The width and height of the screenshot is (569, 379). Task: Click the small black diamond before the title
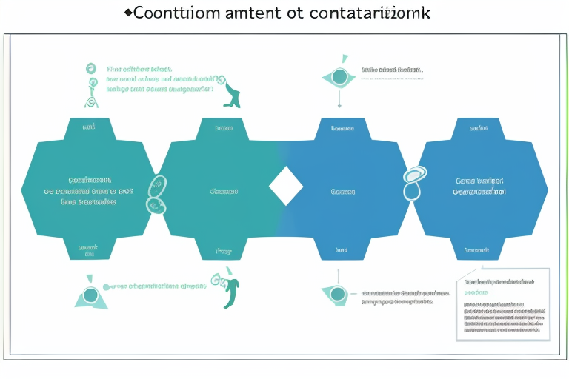127,13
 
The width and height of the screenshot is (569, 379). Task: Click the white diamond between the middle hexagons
285,186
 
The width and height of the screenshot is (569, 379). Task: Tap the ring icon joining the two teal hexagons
158,193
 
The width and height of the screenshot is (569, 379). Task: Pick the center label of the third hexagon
342,191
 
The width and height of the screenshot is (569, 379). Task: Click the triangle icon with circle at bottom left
90,294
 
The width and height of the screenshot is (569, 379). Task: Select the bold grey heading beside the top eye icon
392,71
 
